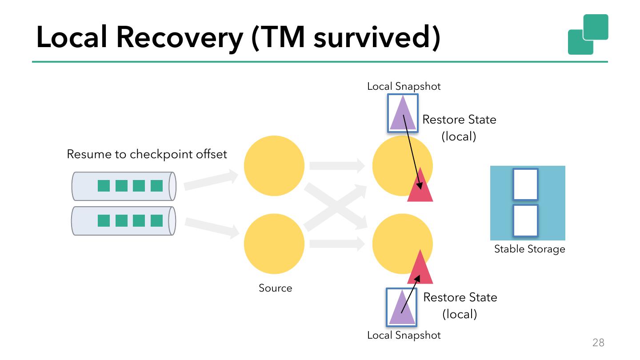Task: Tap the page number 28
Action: [x=598, y=342]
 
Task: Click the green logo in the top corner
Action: [x=588, y=34]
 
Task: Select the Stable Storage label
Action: [x=530, y=249]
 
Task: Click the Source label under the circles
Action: [x=276, y=288]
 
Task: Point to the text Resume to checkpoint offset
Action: [x=147, y=154]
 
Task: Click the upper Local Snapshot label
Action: [x=404, y=86]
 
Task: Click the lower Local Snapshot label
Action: [x=404, y=335]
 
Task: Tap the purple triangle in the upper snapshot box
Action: [x=403, y=114]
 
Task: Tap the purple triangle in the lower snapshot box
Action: [x=402, y=308]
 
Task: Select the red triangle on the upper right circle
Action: [x=420, y=187]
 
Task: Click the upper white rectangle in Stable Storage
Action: [x=525, y=184]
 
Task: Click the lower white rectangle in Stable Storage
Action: [x=525, y=220]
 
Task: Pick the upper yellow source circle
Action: [x=274, y=166]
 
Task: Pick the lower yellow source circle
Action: [x=274, y=244]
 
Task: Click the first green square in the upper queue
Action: [x=104, y=186]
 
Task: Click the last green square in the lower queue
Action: [x=156, y=220]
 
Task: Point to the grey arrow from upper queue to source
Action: [x=211, y=180]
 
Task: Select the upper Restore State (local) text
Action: [x=459, y=128]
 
